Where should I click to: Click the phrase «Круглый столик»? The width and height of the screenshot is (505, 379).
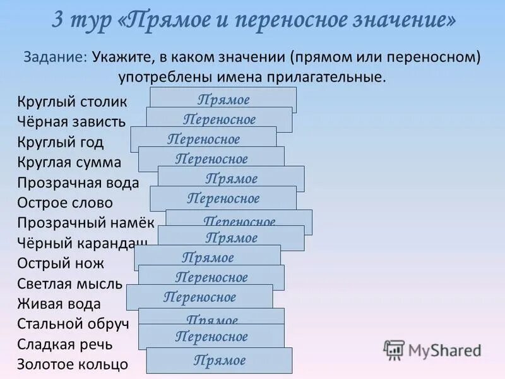pos(72,102)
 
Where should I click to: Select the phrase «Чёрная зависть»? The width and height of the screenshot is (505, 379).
pos(71,122)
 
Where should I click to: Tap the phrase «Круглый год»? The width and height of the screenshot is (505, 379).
pos(61,142)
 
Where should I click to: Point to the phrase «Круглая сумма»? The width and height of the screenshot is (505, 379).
pos(69,162)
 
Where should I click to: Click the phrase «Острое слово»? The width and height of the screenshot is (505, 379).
pos(65,203)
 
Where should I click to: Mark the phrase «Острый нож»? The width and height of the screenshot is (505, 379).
pos(61,263)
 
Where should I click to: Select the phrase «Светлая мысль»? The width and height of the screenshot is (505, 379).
pos(70,284)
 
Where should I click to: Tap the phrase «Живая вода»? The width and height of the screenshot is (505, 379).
pos(59,304)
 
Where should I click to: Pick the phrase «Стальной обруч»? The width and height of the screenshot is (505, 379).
pos(73,324)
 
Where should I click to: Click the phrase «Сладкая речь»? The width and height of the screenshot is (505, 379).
pos(64,344)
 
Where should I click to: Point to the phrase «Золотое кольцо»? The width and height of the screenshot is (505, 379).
pos(73,364)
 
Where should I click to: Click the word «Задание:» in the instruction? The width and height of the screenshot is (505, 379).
pos(56,57)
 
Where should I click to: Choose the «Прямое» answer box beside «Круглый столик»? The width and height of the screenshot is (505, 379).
pos(223,99)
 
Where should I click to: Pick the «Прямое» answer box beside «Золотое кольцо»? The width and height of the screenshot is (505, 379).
pos(219,361)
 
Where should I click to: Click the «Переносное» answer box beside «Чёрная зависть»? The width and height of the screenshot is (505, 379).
pos(219,119)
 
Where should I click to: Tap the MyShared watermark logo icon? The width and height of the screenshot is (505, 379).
pos(394,350)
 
